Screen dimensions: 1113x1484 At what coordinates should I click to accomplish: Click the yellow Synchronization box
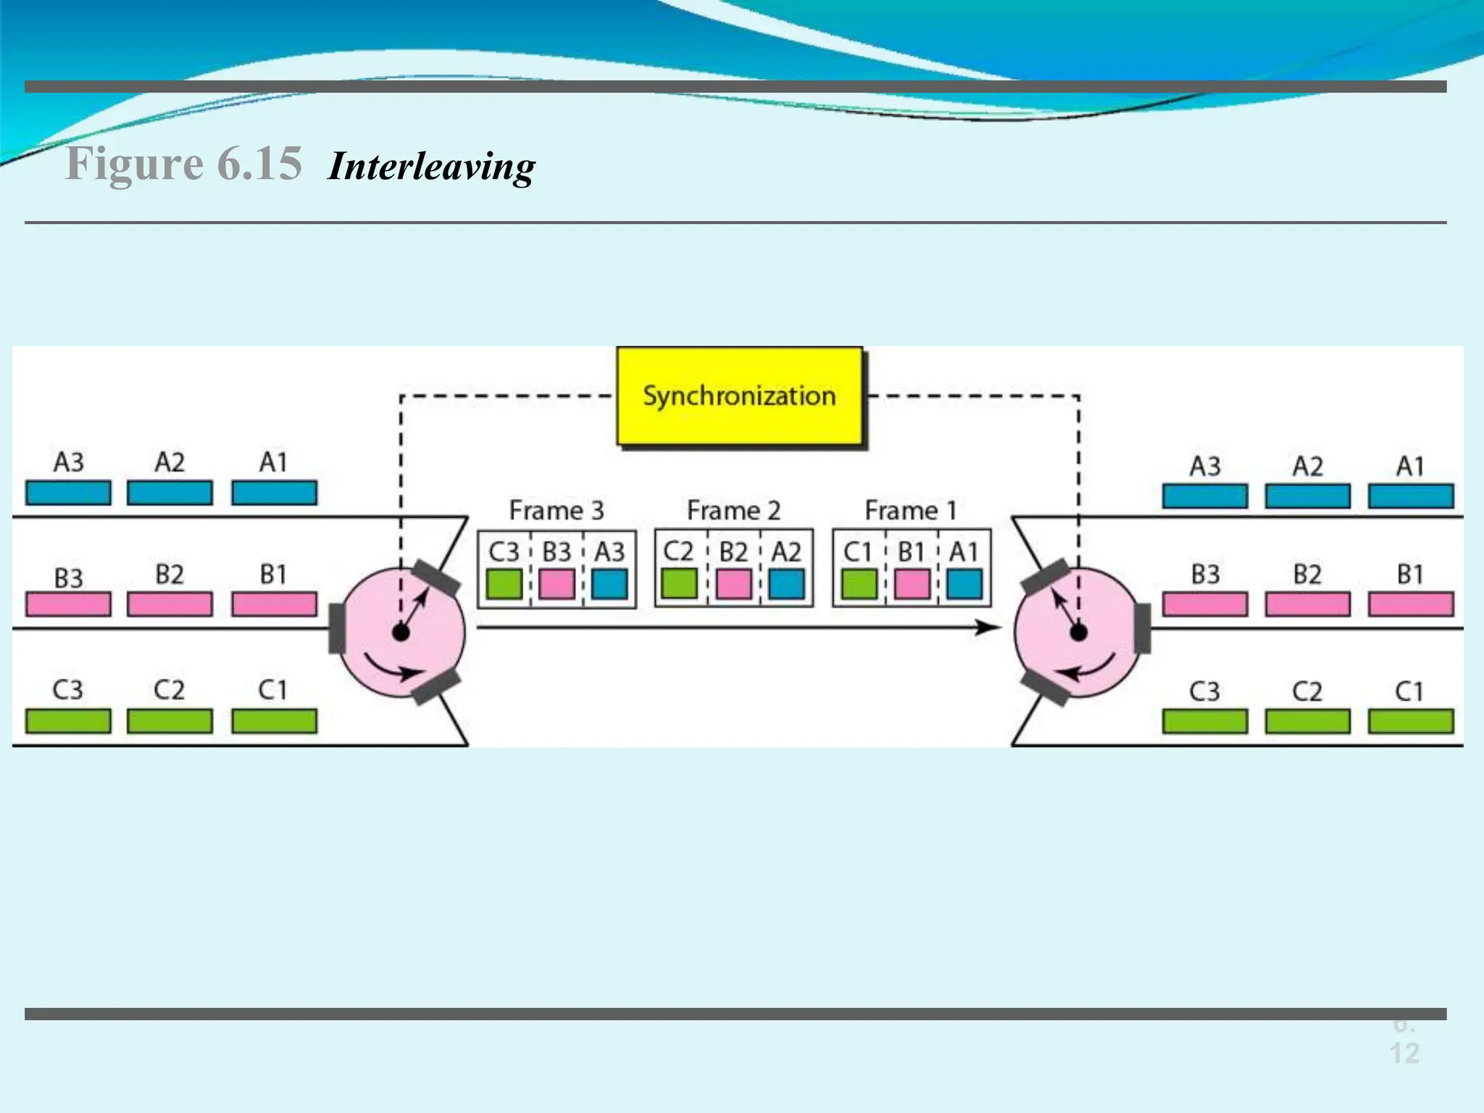click(x=739, y=396)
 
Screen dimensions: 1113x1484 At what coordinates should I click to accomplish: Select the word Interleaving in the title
click(x=431, y=167)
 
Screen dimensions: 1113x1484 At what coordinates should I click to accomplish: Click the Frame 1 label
click(x=910, y=511)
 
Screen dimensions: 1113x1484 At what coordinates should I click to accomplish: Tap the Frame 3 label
click(x=556, y=511)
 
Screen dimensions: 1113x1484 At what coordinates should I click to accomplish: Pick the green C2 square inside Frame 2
click(x=680, y=584)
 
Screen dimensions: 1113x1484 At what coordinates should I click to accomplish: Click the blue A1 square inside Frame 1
click(x=964, y=584)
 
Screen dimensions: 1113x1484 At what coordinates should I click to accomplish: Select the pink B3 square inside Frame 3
click(x=556, y=584)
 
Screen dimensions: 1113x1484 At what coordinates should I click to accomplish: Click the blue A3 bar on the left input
click(x=68, y=493)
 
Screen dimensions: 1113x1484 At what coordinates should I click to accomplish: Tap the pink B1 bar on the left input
click(x=274, y=604)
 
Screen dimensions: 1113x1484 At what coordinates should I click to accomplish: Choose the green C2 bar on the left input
click(x=170, y=721)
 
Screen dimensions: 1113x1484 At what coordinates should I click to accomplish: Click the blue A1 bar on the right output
click(x=1410, y=496)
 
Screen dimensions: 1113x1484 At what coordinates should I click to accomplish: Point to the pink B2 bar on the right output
click(x=1307, y=604)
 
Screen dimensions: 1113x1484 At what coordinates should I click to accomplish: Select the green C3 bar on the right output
click(x=1204, y=722)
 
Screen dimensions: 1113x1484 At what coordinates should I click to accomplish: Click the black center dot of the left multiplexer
click(x=401, y=633)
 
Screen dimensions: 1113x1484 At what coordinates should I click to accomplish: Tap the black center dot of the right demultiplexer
click(x=1078, y=633)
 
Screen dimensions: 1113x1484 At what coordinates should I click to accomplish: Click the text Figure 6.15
click(x=183, y=163)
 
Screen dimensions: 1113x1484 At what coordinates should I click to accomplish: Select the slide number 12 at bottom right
click(x=1404, y=1053)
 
